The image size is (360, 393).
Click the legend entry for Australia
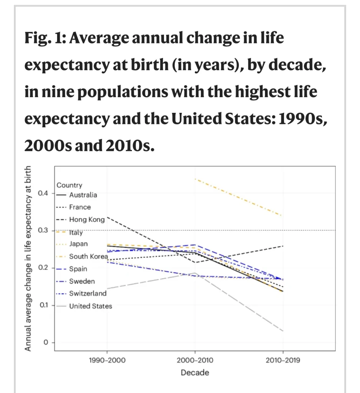(x=83, y=195)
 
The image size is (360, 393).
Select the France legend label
(x=80, y=207)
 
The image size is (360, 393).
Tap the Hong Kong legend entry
(x=87, y=220)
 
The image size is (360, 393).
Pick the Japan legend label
(x=78, y=244)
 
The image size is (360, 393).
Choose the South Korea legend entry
(x=88, y=256)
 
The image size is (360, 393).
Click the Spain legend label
(x=78, y=269)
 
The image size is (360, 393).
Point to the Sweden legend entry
(x=82, y=281)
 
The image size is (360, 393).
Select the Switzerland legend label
(x=87, y=294)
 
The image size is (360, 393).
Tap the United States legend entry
(x=90, y=306)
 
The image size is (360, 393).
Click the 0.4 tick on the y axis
(x=43, y=193)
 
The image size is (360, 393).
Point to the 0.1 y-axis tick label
(x=43, y=305)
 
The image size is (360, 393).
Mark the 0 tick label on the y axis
(x=45, y=342)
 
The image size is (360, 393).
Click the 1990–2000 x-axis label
(x=107, y=361)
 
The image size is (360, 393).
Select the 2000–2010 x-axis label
(x=195, y=361)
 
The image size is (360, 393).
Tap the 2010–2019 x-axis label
(x=283, y=361)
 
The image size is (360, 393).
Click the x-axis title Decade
(x=195, y=373)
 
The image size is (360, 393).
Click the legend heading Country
(x=69, y=185)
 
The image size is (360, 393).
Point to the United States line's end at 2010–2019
(x=283, y=331)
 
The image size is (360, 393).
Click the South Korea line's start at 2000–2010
(x=195, y=179)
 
